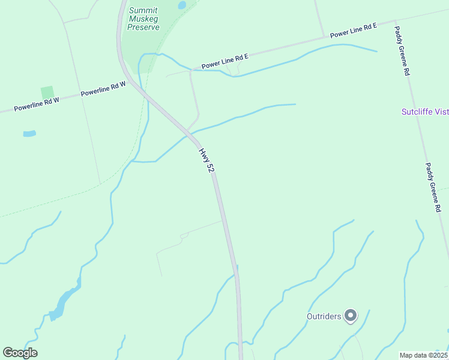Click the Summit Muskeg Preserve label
[x=143, y=19]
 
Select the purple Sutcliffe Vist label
[x=425, y=112]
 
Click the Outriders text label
[x=324, y=316]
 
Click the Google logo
[x=20, y=353]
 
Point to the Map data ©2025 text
[x=423, y=355]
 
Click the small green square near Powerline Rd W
[x=47, y=92]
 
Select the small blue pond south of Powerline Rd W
[x=29, y=133]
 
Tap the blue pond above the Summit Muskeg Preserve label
[x=182, y=5]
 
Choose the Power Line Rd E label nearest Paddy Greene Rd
[x=353, y=31]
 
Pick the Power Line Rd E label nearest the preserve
[x=224, y=61]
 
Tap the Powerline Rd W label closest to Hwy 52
[x=103, y=89]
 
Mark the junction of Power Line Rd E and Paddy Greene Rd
[x=395, y=22]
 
